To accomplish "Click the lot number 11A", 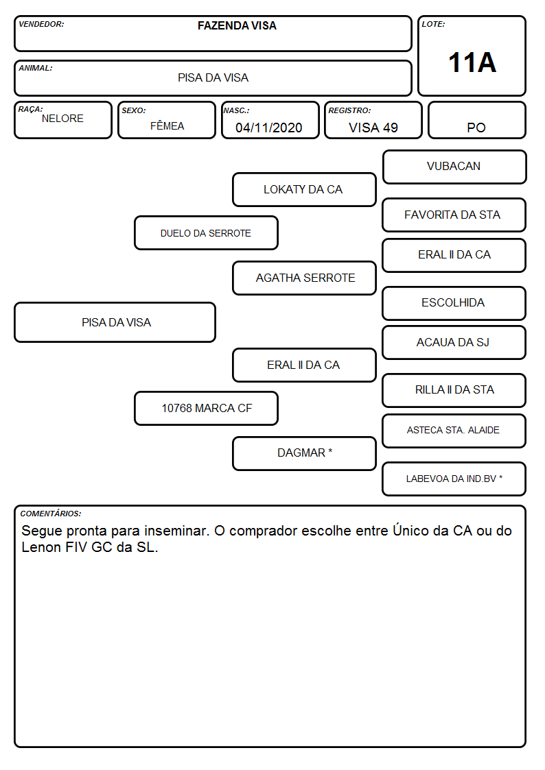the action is [472, 62].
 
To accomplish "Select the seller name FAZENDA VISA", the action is [237, 25].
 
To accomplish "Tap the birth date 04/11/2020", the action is [269, 128].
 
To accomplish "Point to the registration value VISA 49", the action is [373, 128].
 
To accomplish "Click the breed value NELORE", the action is [62, 119].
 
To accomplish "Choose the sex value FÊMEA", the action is [167, 125].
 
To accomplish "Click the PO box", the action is [476, 120].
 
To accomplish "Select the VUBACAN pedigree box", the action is [454, 167].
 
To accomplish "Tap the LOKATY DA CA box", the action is [304, 189].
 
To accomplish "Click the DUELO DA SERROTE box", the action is [206, 232].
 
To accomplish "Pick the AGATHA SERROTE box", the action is [304, 278].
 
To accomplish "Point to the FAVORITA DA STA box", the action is [454, 215].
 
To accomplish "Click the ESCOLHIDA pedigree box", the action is [454, 303].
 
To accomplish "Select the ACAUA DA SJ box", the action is [454, 342].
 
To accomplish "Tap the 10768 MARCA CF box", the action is [206, 408].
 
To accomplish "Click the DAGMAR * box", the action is [304, 453].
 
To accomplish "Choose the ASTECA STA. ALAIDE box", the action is [454, 431].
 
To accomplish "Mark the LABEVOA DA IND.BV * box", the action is [454, 479].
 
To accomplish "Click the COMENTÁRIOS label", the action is [51, 514].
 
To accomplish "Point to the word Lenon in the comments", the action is [41, 547].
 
